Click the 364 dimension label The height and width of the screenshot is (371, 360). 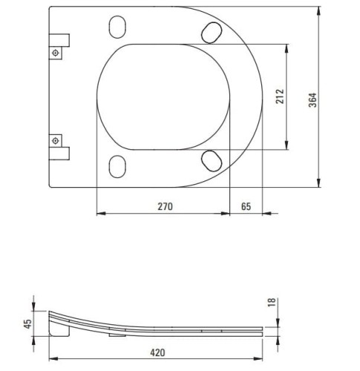tap(312, 100)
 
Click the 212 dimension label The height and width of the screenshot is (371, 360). tap(280, 96)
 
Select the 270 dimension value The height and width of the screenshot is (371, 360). tap(166, 206)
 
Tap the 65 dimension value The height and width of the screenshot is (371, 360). tap(246, 206)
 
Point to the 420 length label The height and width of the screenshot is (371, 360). tap(157, 352)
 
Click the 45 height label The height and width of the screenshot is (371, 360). tap(27, 324)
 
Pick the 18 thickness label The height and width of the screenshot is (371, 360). tap(272, 302)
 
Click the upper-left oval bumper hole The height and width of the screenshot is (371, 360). tap(117, 27)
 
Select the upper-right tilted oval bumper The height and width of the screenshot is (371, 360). tap(212, 33)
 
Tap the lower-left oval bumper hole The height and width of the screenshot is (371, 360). tap(117, 166)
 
